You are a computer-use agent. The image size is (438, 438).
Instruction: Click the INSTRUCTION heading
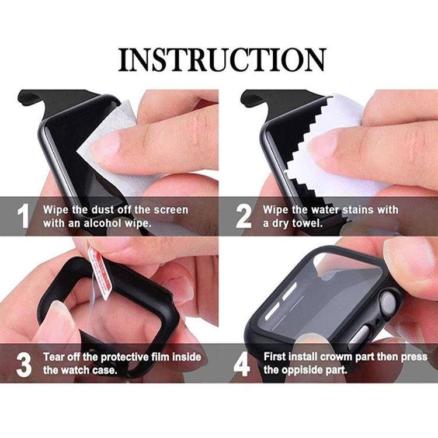click(x=223, y=60)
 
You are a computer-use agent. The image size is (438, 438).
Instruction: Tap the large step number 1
click(x=23, y=216)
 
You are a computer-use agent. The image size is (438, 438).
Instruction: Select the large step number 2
click(x=244, y=216)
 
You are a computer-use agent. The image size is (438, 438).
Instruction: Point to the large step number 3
click(x=24, y=364)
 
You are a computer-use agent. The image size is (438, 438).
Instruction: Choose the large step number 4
click(x=242, y=364)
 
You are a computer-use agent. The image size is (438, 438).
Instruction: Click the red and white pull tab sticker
click(x=100, y=272)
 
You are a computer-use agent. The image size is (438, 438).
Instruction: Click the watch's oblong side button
click(x=360, y=336)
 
